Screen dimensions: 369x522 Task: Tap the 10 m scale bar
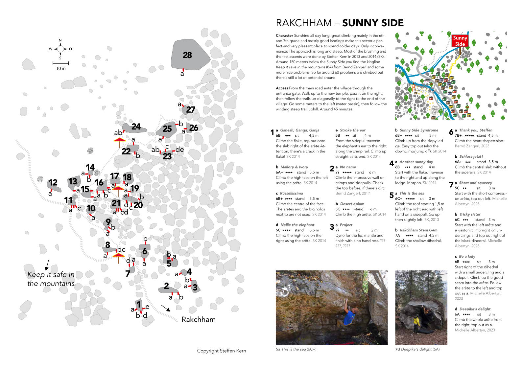[x=61, y=63]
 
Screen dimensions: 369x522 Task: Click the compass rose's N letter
[x=60, y=40]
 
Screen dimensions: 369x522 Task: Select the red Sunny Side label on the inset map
[x=460, y=41]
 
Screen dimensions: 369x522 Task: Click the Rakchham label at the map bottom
[x=199, y=319]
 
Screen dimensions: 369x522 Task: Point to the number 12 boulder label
[x=53, y=183]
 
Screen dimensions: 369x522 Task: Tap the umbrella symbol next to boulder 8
[x=118, y=257]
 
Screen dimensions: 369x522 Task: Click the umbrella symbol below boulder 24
[x=120, y=142]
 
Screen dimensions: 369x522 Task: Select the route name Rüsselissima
[x=291, y=193]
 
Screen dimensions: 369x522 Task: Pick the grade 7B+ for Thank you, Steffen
[x=458, y=135]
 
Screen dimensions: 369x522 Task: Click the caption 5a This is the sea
[x=296, y=349]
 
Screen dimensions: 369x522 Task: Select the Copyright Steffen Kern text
[x=221, y=351]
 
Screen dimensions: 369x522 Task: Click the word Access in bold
[x=282, y=88]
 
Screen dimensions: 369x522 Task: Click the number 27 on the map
[x=191, y=110]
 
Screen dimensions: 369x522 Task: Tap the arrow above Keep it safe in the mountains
[x=47, y=265]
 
